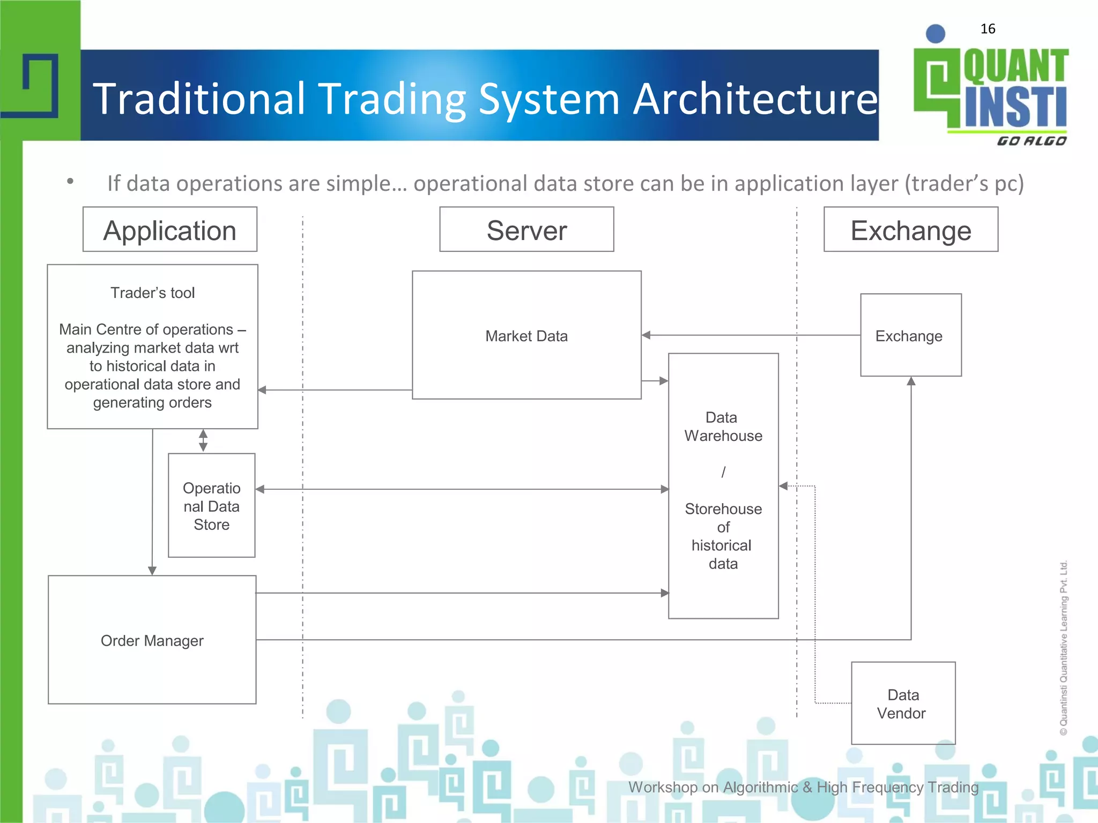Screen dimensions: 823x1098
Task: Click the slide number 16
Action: click(988, 29)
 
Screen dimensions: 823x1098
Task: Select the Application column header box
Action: click(170, 229)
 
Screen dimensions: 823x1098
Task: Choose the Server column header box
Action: click(526, 229)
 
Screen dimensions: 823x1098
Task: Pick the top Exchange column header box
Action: click(911, 229)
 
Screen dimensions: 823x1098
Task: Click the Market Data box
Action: click(526, 335)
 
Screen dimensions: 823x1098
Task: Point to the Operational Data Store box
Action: click(211, 505)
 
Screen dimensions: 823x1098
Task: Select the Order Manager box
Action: click(152, 640)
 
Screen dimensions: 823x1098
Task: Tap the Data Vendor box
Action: click(903, 703)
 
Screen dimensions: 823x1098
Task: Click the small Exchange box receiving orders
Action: click(910, 335)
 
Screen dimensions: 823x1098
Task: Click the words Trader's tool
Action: click(153, 293)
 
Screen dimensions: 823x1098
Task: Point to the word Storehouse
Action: click(723, 508)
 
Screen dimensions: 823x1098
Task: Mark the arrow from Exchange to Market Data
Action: click(751, 335)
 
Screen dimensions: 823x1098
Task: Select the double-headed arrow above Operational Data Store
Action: click(203, 440)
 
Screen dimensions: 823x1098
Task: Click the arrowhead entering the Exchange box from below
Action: click(911, 381)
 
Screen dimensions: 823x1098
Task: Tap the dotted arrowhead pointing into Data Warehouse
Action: click(783, 486)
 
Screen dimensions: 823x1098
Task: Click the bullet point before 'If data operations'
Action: click(70, 182)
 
